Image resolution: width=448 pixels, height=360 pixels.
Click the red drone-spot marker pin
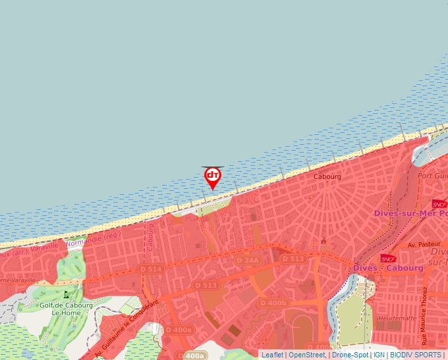pos(213,177)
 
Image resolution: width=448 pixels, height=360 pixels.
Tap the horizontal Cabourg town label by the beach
pos(327,177)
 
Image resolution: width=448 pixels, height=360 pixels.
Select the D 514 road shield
pos(152,269)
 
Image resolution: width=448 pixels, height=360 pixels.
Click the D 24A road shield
pos(248,260)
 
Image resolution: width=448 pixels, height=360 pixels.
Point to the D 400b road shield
pos(273,303)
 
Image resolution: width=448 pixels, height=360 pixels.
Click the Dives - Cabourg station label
pos(387,268)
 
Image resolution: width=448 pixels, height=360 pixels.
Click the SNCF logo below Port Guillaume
pos(439,204)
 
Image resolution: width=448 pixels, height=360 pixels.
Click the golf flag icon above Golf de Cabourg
pos(66,294)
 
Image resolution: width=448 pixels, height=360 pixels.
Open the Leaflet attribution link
pos(272,355)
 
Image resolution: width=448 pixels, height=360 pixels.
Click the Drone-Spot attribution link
pos(349,355)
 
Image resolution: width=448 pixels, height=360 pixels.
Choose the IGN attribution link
pos(379,355)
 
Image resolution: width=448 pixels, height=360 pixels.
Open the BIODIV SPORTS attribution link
pos(416,355)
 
